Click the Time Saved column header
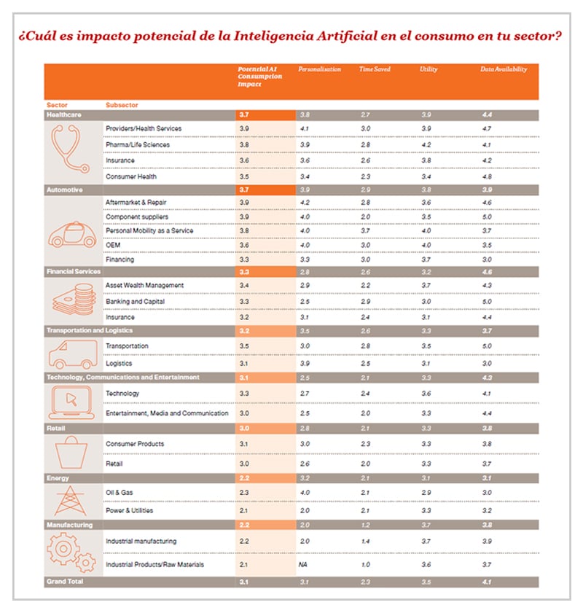(x=375, y=69)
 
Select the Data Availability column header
(x=504, y=69)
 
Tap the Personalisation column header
(x=319, y=69)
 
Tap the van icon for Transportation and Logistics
(x=73, y=355)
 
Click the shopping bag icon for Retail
(x=73, y=452)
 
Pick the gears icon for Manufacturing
(x=73, y=553)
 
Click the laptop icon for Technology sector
(x=73, y=402)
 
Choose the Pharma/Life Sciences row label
(x=138, y=144)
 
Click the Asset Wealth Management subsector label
(x=144, y=285)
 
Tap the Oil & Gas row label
(x=120, y=493)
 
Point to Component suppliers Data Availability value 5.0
(x=487, y=216)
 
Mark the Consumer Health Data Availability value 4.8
(x=487, y=176)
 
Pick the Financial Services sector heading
(x=74, y=271)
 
